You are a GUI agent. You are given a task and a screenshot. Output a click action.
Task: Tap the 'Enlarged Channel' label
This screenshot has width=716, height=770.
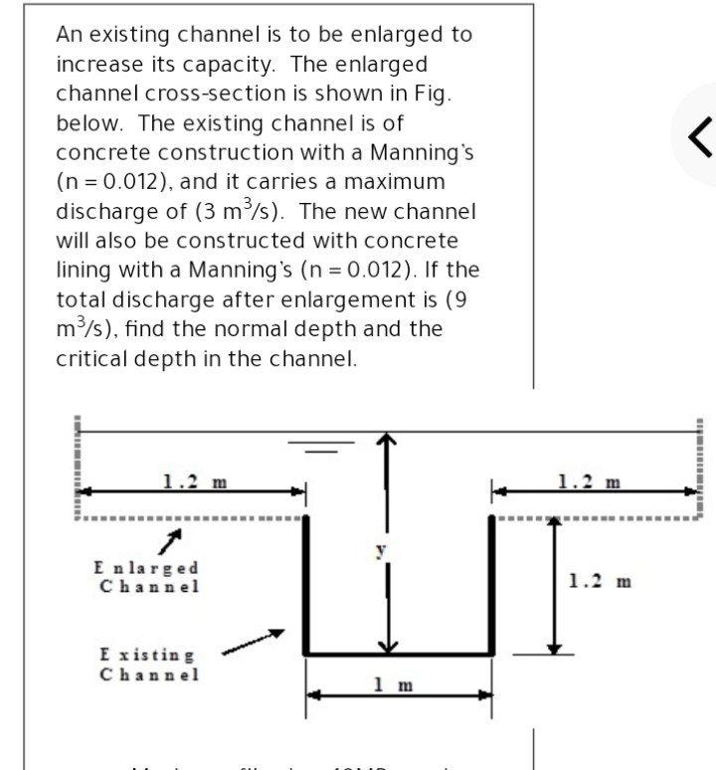(146, 576)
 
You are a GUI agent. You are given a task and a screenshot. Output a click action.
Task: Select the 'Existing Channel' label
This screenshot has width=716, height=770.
(148, 665)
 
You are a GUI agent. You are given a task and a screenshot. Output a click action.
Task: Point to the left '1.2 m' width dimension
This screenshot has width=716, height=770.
(194, 482)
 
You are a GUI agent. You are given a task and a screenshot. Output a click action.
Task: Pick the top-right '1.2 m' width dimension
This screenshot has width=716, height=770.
(590, 482)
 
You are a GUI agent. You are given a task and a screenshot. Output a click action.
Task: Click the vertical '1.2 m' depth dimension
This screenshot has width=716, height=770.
(600, 580)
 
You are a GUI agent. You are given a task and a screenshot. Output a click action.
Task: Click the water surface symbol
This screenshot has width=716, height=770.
(321, 446)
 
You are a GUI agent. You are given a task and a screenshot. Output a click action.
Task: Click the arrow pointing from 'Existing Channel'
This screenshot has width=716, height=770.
(253, 642)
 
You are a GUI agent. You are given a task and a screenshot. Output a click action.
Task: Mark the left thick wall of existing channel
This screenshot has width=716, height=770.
(305, 584)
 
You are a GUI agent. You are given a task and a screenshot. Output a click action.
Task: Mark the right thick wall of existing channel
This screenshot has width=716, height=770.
(491, 584)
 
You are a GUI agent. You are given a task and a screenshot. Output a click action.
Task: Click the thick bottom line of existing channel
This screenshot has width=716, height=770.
(399, 654)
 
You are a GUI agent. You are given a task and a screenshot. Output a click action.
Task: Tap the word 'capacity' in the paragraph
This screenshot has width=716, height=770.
(230, 64)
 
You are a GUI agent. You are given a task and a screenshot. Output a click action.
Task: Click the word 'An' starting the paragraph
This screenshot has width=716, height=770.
(70, 34)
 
